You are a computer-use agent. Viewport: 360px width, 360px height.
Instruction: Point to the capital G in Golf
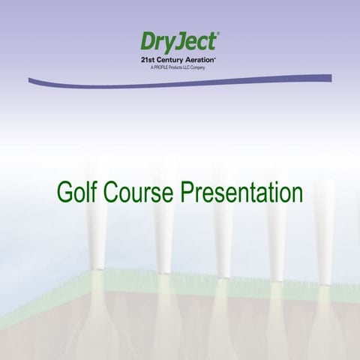64,192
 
